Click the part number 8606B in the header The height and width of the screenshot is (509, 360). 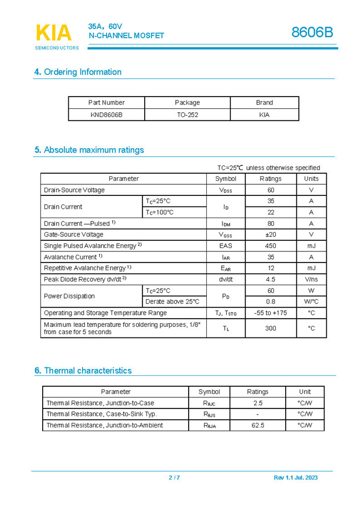[x=312, y=33]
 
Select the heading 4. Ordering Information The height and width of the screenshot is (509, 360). [x=78, y=72]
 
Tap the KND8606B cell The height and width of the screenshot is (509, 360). [x=107, y=115]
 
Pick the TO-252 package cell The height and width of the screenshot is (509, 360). [x=187, y=115]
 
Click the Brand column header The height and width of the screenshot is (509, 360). [x=265, y=103]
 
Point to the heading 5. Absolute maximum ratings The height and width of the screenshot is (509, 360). [x=89, y=150]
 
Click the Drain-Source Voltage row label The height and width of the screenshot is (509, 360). [x=74, y=190]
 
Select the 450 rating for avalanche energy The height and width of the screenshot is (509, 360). [x=271, y=246]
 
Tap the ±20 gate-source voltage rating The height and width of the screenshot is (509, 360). [x=271, y=235]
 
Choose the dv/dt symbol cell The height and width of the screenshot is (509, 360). [x=226, y=279]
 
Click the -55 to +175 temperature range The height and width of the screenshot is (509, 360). [x=271, y=313]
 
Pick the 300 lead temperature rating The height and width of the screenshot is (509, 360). [x=271, y=328]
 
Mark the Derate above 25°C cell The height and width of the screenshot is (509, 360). [x=173, y=302]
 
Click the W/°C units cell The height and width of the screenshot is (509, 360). [x=311, y=302]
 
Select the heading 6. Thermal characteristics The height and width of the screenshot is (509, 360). [x=83, y=371]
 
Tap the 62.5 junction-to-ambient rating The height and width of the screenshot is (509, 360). [x=257, y=425]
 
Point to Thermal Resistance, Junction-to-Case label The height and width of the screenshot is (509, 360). [x=100, y=403]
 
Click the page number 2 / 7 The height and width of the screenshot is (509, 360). [x=174, y=478]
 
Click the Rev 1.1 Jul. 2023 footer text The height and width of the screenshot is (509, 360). [x=296, y=478]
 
